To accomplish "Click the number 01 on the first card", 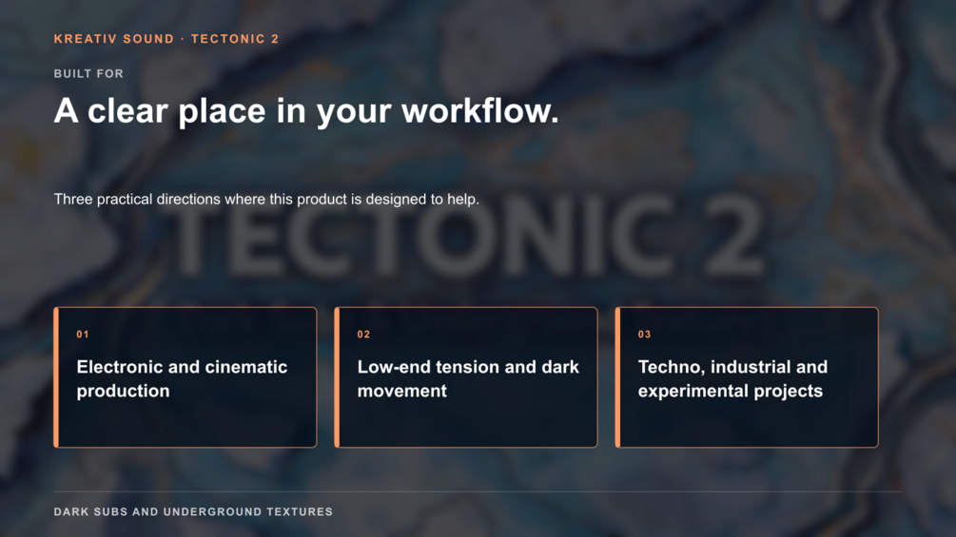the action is pos(83,335).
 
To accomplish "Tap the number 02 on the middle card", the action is pos(363,335).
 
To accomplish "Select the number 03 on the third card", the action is pos(644,335).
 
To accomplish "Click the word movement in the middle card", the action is pos(401,391).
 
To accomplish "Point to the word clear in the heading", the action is pos(127,111).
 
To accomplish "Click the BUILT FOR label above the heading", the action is pos(88,74).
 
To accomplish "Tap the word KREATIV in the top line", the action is pos(84,39).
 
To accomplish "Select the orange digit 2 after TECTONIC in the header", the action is pos(275,39).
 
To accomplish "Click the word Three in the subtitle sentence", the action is pos(73,199).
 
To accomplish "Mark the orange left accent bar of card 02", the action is pos(337,377).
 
